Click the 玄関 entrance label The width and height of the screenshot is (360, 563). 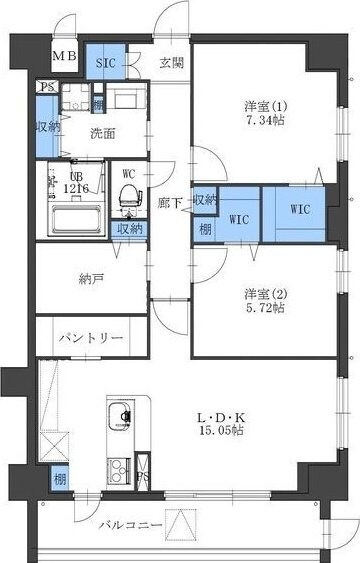click(x=171, y=63)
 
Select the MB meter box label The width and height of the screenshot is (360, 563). click(x=64, y=55)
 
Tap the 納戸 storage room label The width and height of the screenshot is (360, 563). click(x=91, y=280)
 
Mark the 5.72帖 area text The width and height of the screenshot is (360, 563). click(x=265, y=308)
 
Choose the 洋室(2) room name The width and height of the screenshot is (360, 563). click(x=265, y=294)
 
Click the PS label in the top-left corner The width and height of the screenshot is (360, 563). click(x=47, y=87)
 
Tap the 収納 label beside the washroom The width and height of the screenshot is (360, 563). click(x=47, y=127)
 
